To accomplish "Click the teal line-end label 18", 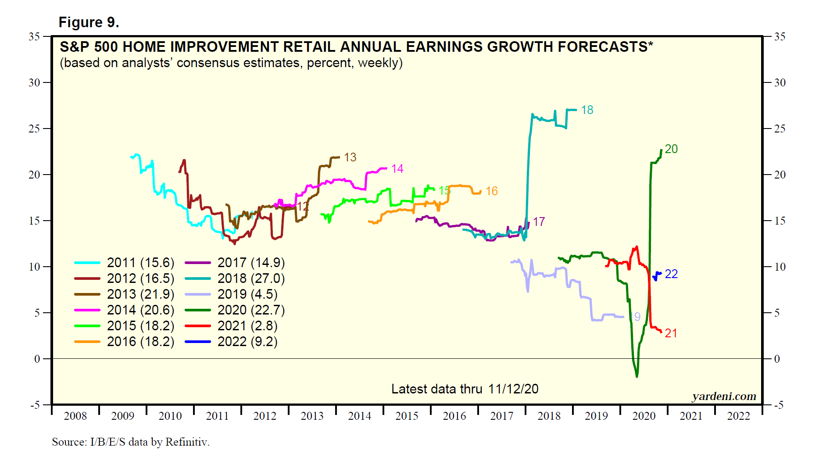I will click(x=587, y=110).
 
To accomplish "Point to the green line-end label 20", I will click(x=671, y=149).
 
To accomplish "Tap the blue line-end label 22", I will click(x=671, y=274).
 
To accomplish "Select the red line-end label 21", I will click(x=671, y=333).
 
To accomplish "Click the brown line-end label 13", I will click(x=350, y=157).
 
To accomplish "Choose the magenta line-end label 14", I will click(x=397, y=169).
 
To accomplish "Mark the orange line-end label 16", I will click(x=492, y=191).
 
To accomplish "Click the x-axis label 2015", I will click(x=407, y=416).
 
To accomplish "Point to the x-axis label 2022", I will click(x=738, y=416).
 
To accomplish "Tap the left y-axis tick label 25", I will click(x=34, y=129).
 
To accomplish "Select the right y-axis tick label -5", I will click(x=779, y=405).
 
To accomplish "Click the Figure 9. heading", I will click(x=89, y=22).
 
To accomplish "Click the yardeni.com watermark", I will click(x=724, y=397).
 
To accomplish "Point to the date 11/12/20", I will click(x=513, y=389).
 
